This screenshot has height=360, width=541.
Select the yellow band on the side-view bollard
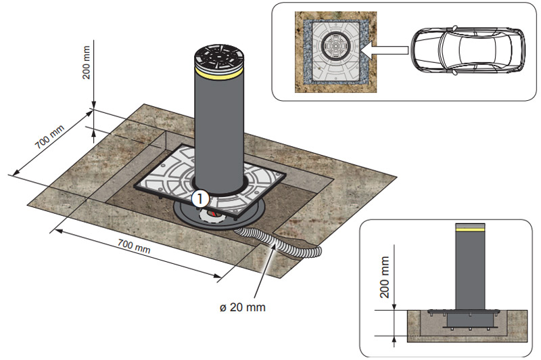pyautogui.click(x=470, y=229)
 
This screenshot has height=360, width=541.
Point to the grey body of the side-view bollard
pyautogui.click(x=470, y=271)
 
